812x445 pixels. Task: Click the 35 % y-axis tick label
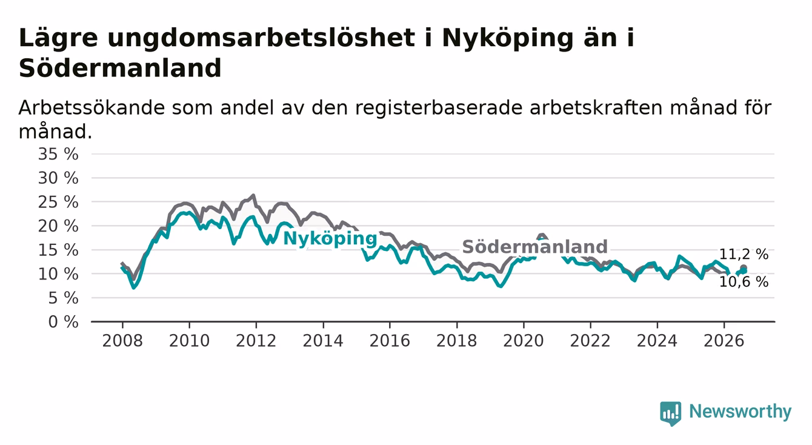[58, 154]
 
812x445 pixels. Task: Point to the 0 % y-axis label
[63, 322]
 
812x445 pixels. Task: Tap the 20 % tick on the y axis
[58, 226]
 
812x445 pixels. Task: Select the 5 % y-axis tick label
[63, 298]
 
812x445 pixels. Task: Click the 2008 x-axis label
[122, 341]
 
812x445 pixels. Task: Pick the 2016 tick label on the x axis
[390, 341]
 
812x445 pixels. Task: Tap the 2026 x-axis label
[724, 341]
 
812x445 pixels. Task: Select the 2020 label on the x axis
[524, 341]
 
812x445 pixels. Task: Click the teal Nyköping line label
[330, 239]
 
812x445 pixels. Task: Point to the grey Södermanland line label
[534, 247]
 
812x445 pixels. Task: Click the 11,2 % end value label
[744, 254]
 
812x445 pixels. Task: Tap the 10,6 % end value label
[744, 282]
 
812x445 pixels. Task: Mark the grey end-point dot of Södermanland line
[744, 268]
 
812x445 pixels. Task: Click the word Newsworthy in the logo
[740, 411]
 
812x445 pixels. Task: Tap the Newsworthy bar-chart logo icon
[671, 413]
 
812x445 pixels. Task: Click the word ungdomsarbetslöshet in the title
[261, 38]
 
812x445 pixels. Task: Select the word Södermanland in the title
[120, 68]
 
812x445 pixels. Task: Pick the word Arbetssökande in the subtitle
[92, 108]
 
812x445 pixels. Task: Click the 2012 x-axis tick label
[256, 341]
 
